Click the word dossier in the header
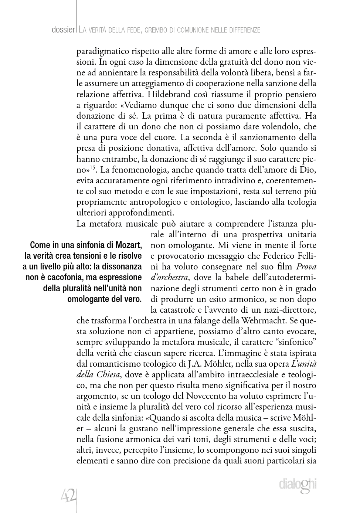[x=64, y=30]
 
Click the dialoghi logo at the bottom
[x=298, y=485]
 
